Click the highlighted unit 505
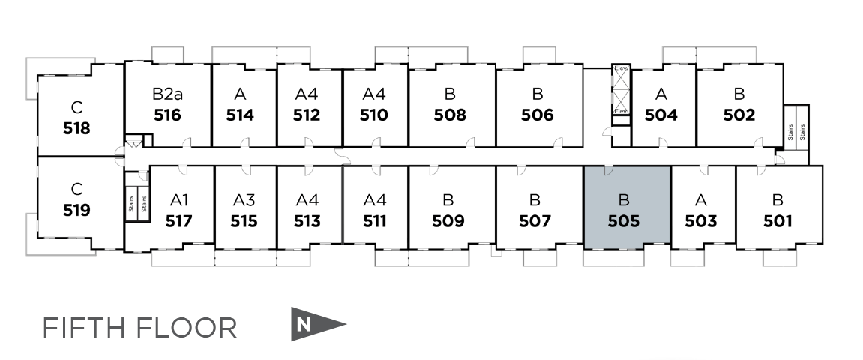point(626,208)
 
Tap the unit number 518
point(76,128)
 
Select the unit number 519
point(76,211)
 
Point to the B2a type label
point(167,94)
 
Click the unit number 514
point(240,115)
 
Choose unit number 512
point(307,115)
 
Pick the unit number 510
point(373,115)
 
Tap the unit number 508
point(450,115)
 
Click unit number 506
point(537,115)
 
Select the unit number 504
point(661,115)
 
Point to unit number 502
point(739,115)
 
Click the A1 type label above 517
point(179,200)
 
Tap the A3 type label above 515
point(244,200)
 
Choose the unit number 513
point(307,221)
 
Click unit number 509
point(448,221)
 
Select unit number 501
point(777,221)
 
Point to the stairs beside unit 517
point(136,202)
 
